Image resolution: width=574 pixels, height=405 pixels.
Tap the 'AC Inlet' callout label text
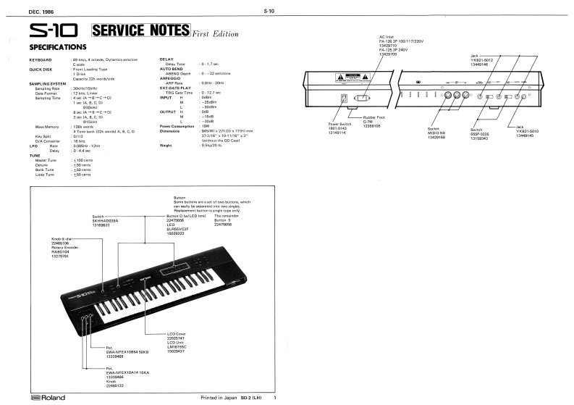click(387, 36)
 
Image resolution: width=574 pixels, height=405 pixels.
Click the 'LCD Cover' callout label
click(177, 334)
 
